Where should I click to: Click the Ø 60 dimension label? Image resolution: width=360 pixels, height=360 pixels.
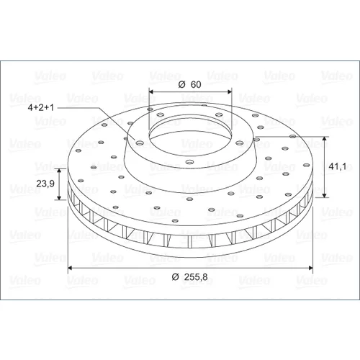tap(189, 84)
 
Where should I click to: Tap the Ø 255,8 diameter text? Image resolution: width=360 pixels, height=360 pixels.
tap(189, 277)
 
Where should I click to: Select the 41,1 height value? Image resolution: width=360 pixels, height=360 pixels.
tap(338, 166)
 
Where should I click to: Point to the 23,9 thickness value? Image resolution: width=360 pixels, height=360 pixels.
tap(45, 184)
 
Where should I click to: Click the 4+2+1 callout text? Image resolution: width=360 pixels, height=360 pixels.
tap(41, 107)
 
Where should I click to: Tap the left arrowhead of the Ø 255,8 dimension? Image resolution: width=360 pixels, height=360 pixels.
tap(70, 268)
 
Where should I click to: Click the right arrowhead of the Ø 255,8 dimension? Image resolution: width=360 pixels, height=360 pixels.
tap(311, 268)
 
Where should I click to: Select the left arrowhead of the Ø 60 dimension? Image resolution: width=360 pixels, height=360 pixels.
tap(151, 91)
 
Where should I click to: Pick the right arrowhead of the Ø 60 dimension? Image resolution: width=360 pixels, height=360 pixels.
tap(230, 91)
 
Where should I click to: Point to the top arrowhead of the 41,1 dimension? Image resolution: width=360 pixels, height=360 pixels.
tap(325, 139)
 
